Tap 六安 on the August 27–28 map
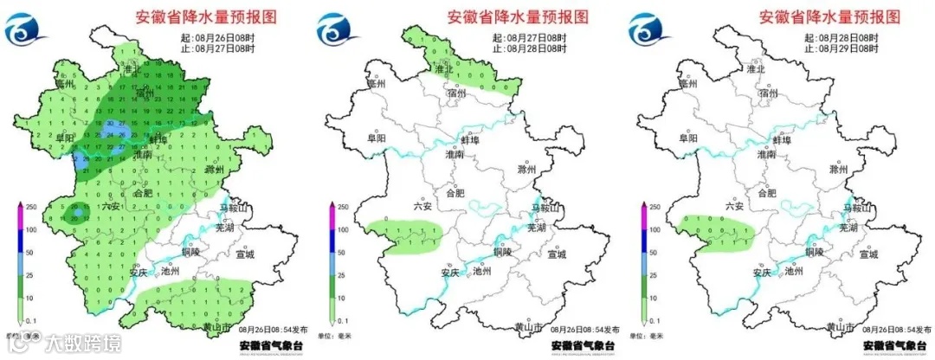click(422, 206)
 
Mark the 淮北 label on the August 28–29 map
click(758, 69)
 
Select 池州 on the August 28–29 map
click(793, 270)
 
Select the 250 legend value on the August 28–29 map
click(654, 208)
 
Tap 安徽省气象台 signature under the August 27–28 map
click(583, 345)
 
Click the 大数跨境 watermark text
click(83, 344)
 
